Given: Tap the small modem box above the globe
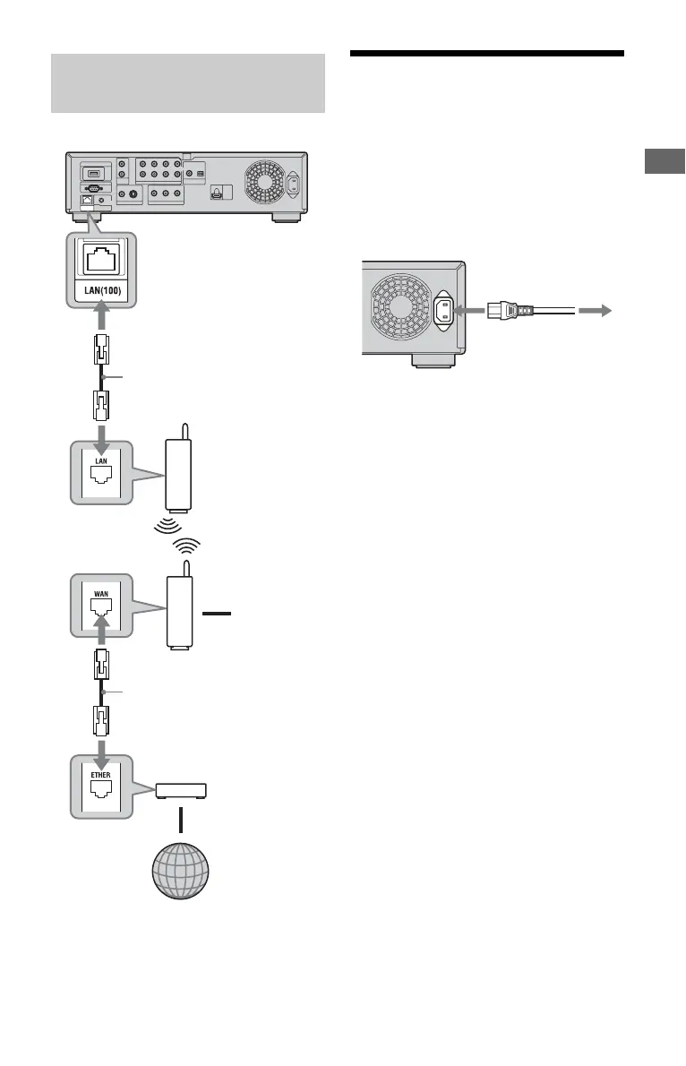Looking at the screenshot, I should (181, 790).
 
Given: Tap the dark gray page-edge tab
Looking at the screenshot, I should (665, 160).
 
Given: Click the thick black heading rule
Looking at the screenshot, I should (486, 54).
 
